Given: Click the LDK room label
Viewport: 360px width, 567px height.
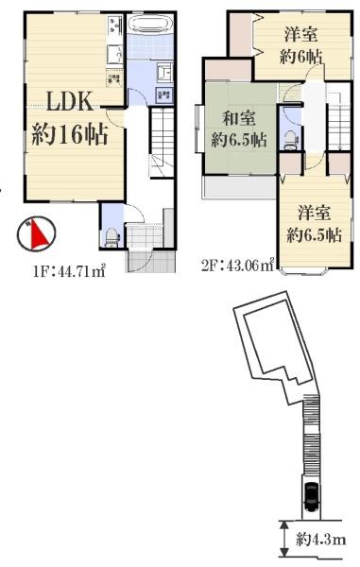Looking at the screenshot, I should pos(61,101).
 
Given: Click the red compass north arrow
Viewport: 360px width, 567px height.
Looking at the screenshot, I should pos(35,232).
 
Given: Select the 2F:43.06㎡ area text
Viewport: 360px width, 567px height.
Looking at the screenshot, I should pos(236,266).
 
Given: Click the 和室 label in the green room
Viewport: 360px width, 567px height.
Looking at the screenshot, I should pos(237,119).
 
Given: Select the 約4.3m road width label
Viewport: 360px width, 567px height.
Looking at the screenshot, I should pos(320,540).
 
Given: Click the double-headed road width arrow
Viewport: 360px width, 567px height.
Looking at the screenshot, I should pos(284,539).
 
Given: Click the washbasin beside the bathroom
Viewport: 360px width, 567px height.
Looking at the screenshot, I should pos(163,75).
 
